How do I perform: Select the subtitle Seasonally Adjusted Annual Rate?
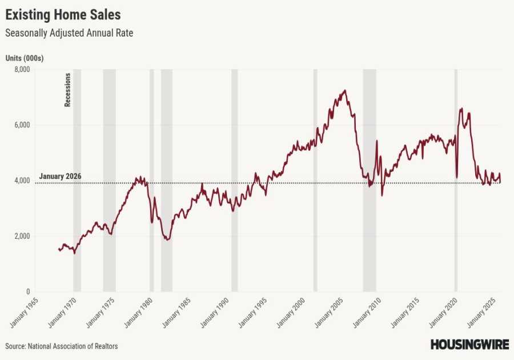[69, 33]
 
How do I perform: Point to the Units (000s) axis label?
[25, 58]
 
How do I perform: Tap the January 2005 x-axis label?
[329, 314]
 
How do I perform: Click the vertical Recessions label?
[67, 90]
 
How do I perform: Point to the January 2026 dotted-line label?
[60, 176]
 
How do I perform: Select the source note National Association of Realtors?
[62, 346]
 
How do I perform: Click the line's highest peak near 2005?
[344, 90]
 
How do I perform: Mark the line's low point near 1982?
[167, 239]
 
